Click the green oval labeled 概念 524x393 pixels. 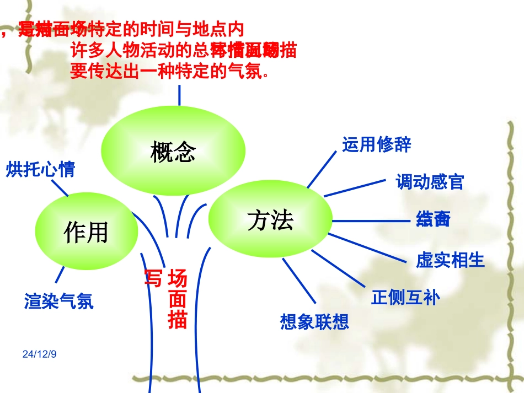click(173, 151)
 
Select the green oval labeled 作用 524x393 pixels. click(86, 232)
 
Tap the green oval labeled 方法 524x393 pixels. click(270, 220)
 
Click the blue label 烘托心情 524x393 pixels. click(40, 169)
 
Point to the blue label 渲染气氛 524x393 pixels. click(59, 301)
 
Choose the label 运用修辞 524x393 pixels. click(377, 144)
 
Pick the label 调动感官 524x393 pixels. click(430, 182)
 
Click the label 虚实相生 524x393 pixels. click(451, 260)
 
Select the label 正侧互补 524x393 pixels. click(406, 298)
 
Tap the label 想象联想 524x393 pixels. click(315, 321)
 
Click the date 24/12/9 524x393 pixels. click(40, 353)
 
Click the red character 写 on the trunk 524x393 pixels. click(153, 278)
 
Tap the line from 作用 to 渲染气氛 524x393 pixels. click(59, 275)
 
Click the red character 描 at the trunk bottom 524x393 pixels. click(177, 320)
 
